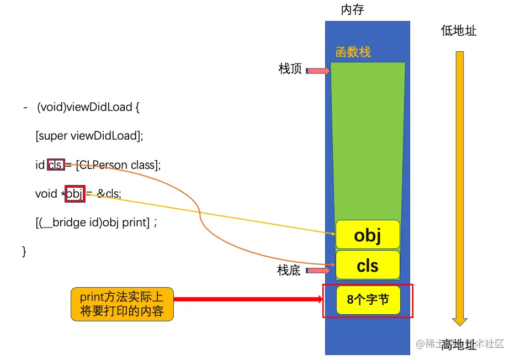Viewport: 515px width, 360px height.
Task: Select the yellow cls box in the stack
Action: (368, 265)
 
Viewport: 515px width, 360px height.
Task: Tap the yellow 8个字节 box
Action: (368, 300)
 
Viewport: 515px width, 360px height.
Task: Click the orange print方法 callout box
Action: (122, 304)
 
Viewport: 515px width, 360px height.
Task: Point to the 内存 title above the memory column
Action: (353, 10)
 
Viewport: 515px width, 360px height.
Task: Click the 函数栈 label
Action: (353, 52)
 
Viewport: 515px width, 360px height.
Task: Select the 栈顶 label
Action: (290, 69)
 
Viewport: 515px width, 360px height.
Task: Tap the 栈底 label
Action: (289, 271)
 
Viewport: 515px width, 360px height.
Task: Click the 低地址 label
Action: (458, 30)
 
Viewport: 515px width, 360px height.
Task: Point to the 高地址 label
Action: (458, 345)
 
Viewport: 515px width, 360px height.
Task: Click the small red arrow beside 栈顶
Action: (317, 71)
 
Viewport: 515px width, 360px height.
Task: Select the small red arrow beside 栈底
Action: (317, 271)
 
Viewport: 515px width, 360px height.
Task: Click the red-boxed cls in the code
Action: (55, 165)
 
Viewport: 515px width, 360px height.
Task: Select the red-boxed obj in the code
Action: (75, 193)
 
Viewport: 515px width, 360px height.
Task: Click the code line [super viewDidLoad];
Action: (89, 136)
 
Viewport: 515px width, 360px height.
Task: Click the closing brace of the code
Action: (24, 251)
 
